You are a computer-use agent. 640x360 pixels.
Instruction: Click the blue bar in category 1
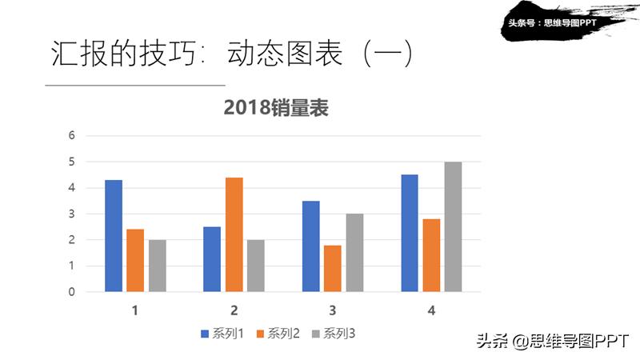click(x=114, y=236)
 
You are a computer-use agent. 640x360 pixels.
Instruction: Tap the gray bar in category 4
click(x=453, y=227)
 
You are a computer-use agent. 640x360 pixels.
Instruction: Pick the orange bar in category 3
click(x=332, y=268)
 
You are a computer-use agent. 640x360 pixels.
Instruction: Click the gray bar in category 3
click(x=354, y=253)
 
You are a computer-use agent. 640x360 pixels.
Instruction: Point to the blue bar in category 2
click(x=212, y=259)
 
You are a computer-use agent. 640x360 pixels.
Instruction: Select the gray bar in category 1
click(x=157, y=266)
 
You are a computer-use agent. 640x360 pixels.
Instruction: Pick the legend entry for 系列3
click(x=333, y=334)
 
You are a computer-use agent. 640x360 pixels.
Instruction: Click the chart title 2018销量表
click(x=276, y=108)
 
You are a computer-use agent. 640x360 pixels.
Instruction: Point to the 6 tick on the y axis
click(x=71, y=135)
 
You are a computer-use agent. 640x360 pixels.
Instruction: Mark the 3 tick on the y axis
click(x=71, y=214)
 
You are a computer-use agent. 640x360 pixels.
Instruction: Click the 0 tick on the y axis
click(x=71, y=292)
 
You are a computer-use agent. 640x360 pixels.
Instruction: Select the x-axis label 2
click(x=234, y=310)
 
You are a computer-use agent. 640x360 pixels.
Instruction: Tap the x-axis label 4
click(x=431, y=310)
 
